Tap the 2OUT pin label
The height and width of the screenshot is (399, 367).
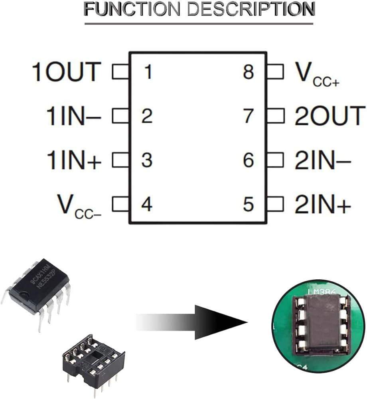330,116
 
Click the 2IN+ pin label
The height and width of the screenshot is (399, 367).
323,205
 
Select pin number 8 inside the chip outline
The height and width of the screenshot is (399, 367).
248,72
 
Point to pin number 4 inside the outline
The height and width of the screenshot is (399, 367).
147,205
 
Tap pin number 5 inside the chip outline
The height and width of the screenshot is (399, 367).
248,205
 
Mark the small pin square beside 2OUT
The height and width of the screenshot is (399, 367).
275,116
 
